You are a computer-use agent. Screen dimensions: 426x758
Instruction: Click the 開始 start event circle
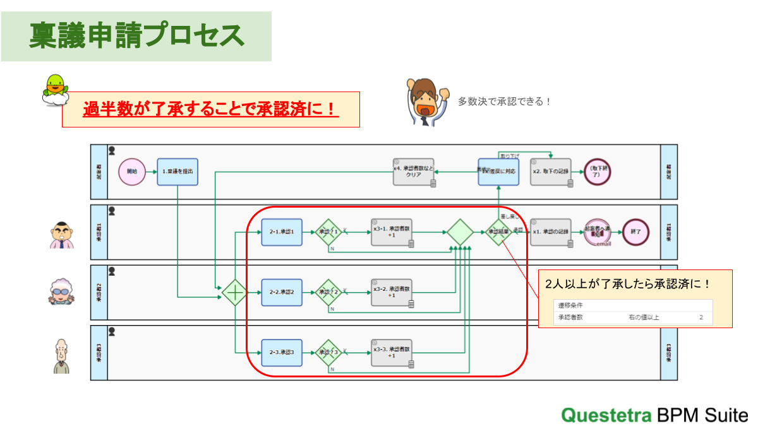pyautogui.click(x=132, y=172)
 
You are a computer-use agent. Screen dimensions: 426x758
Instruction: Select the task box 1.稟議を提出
pyautogui.click(x=177, y=172)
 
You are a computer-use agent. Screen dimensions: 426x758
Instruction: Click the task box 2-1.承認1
pyautogui.click(x=282, y=232)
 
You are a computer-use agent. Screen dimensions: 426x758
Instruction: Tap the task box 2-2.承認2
pyautogui.click(x=282, y=293)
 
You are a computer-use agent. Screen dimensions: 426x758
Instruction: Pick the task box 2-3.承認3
pyautogui.click(x=282, y=352)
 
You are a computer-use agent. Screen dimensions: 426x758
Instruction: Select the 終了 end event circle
pyautogui.click(x=635, y=232)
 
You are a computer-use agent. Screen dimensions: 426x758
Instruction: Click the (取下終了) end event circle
pyautogui.click(x=597, y=172)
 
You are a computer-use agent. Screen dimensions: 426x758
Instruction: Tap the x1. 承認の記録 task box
pyautogui.click(x=551, y=232)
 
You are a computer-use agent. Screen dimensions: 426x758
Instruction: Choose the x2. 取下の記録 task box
pyautogui.click(x=551, y=172)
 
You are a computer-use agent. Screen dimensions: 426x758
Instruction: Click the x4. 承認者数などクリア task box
pyautogui.click(x=414, y=172)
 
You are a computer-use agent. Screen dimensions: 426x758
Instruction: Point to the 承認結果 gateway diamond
pyautogui.click(x=499, y=232)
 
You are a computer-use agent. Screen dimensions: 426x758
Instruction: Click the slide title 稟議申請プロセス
pyautogui.click(x=136, y=35)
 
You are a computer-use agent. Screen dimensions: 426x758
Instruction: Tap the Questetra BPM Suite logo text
pyautogui.click(x=654, y=415)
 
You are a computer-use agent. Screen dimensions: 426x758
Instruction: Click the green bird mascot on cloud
pyautogui.click(x=56, y=90)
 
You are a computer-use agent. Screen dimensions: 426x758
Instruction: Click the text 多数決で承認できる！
pyautogui.click(x=504, y=101)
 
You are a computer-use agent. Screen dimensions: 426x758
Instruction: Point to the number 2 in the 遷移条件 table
pyautogui.click(x=701, y=317)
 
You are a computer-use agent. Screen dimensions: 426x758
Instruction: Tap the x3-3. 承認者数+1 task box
pyautogui.click(x=392, y=352)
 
